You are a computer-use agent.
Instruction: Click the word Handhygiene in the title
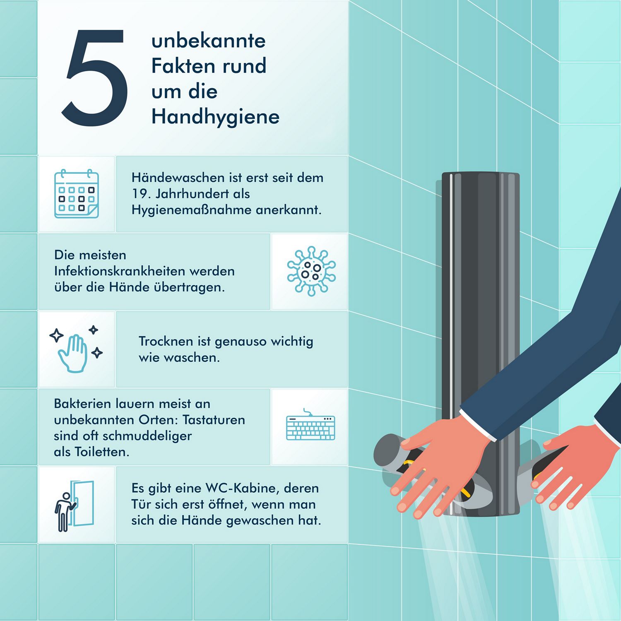point(215,117)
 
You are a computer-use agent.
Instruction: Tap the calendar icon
point(77,193)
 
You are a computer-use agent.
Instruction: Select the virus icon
point(311,271)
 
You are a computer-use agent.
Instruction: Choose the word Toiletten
point(102,452)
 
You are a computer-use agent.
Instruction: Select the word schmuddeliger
point(147,436)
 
